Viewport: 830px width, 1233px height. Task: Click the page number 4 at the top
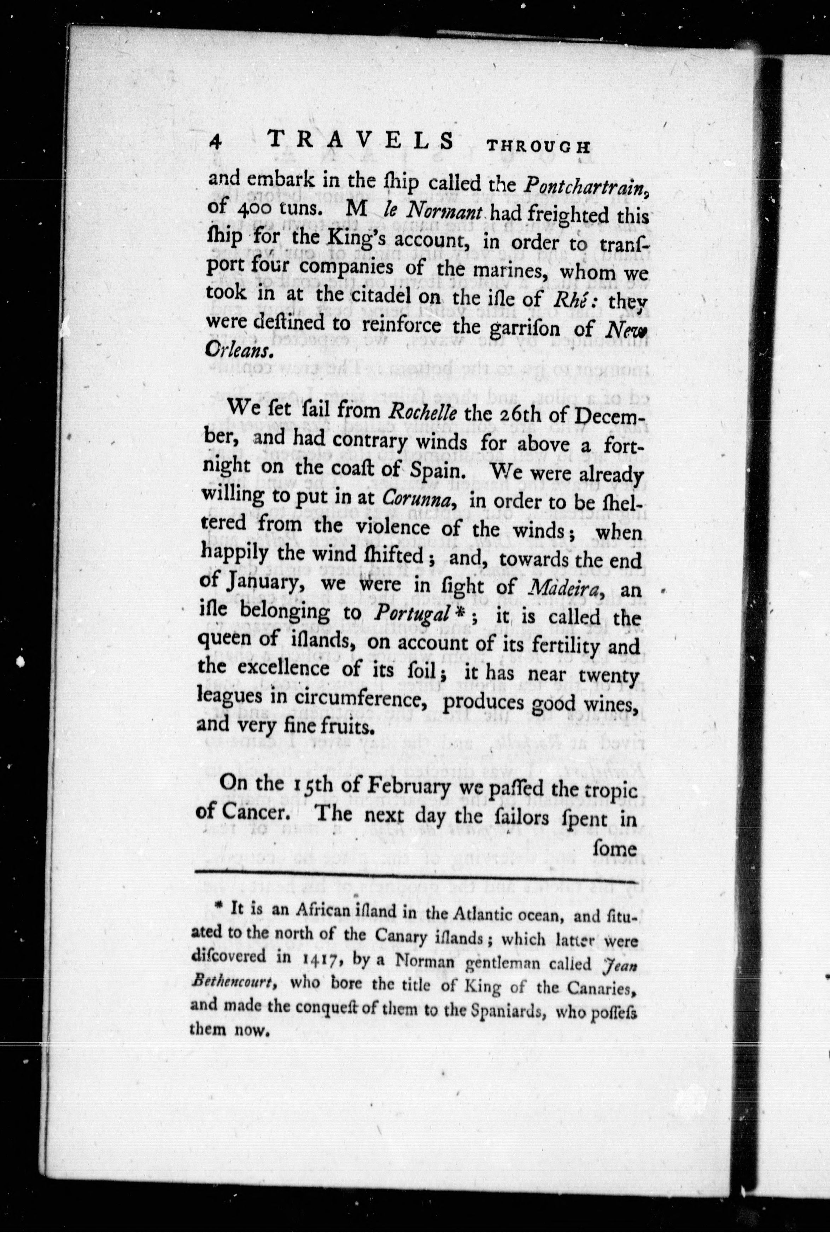click(x=215, y=143)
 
